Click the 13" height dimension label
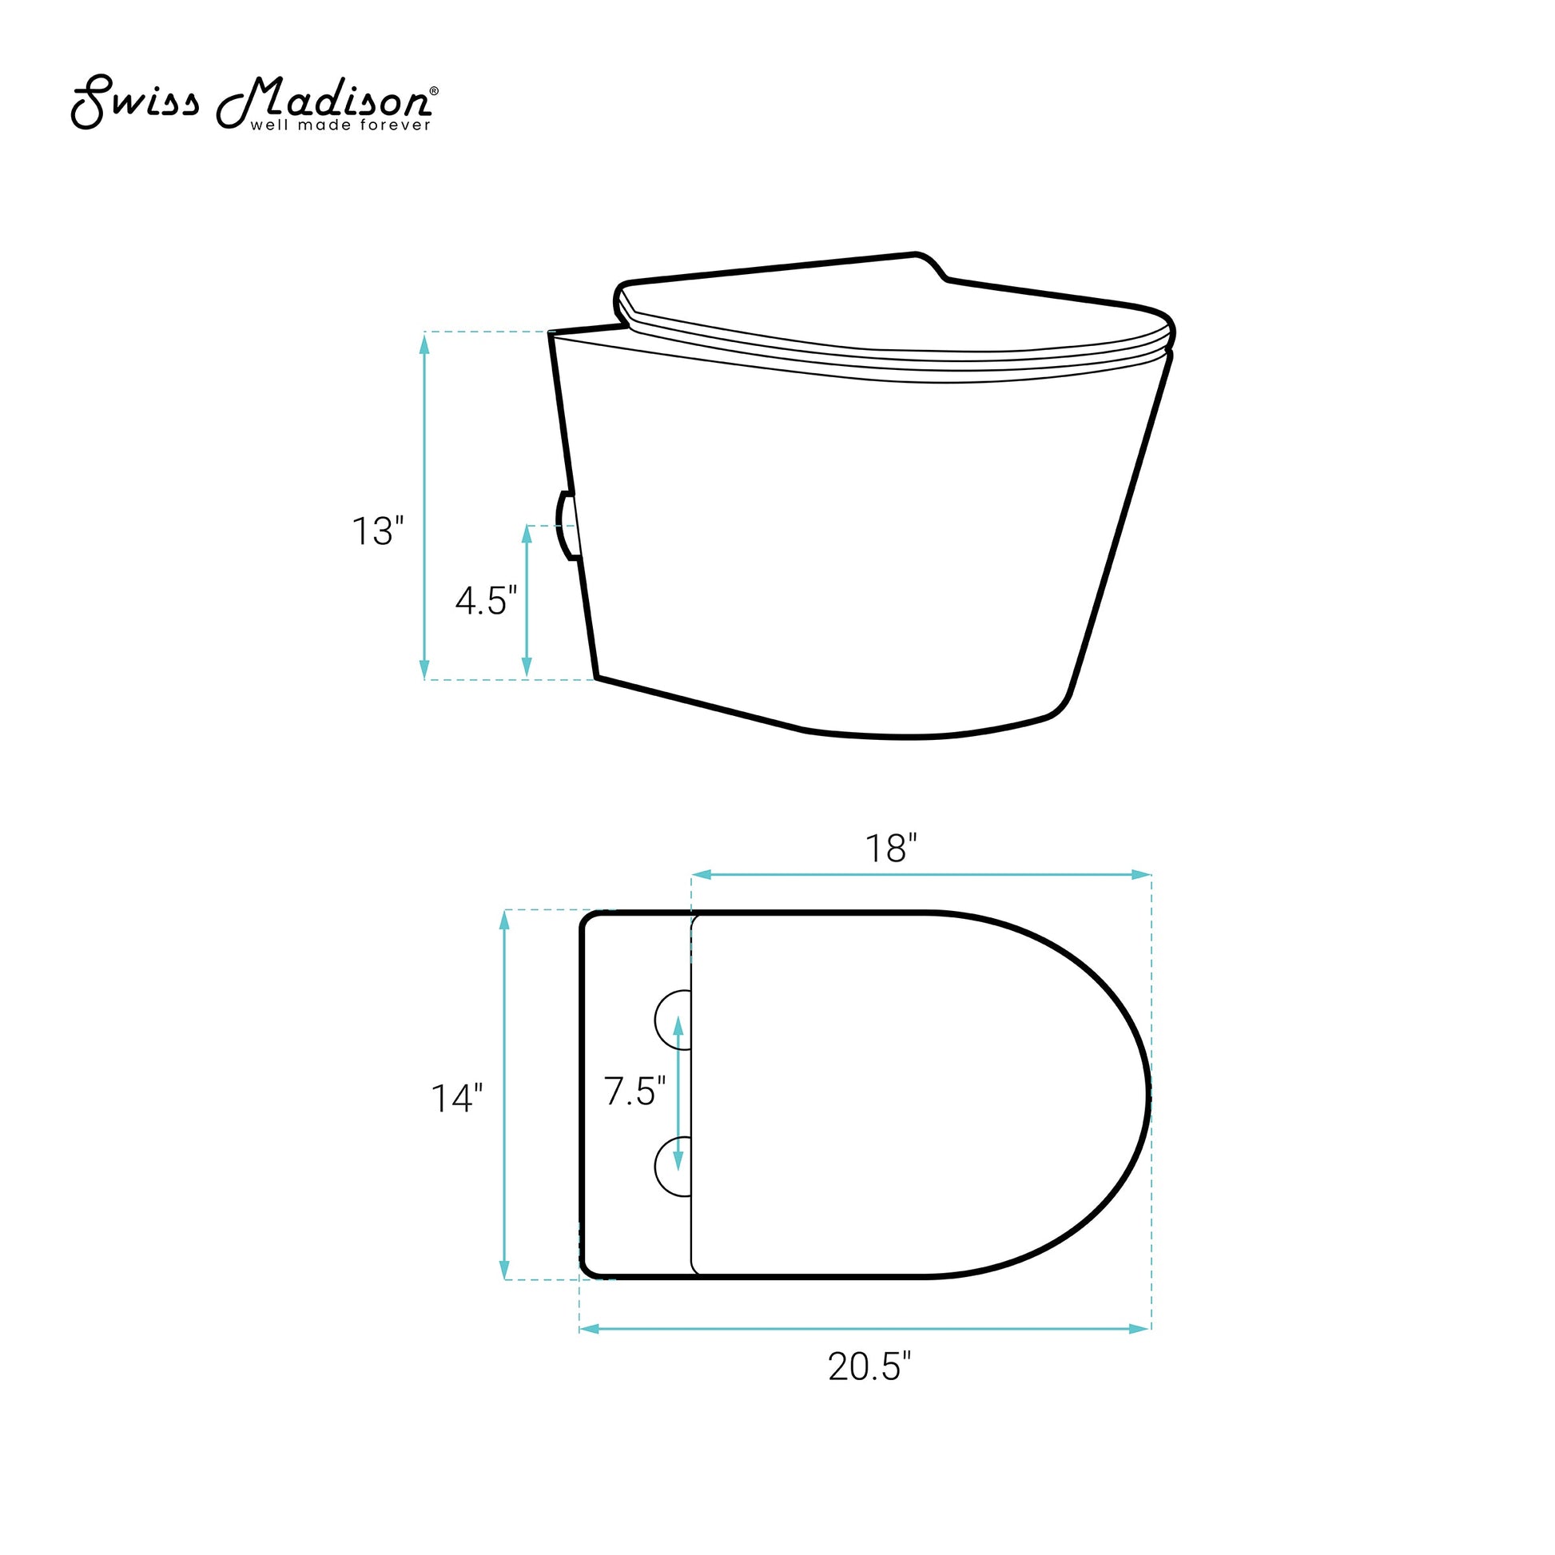tap(377, 531)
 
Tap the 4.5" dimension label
tap(486, 600)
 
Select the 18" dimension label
tap(891, 849)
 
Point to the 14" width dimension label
tap(457, 1099)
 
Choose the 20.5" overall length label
tap(870, 1366)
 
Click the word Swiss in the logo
tap(135, 103)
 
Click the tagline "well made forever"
tap(340, 125)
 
